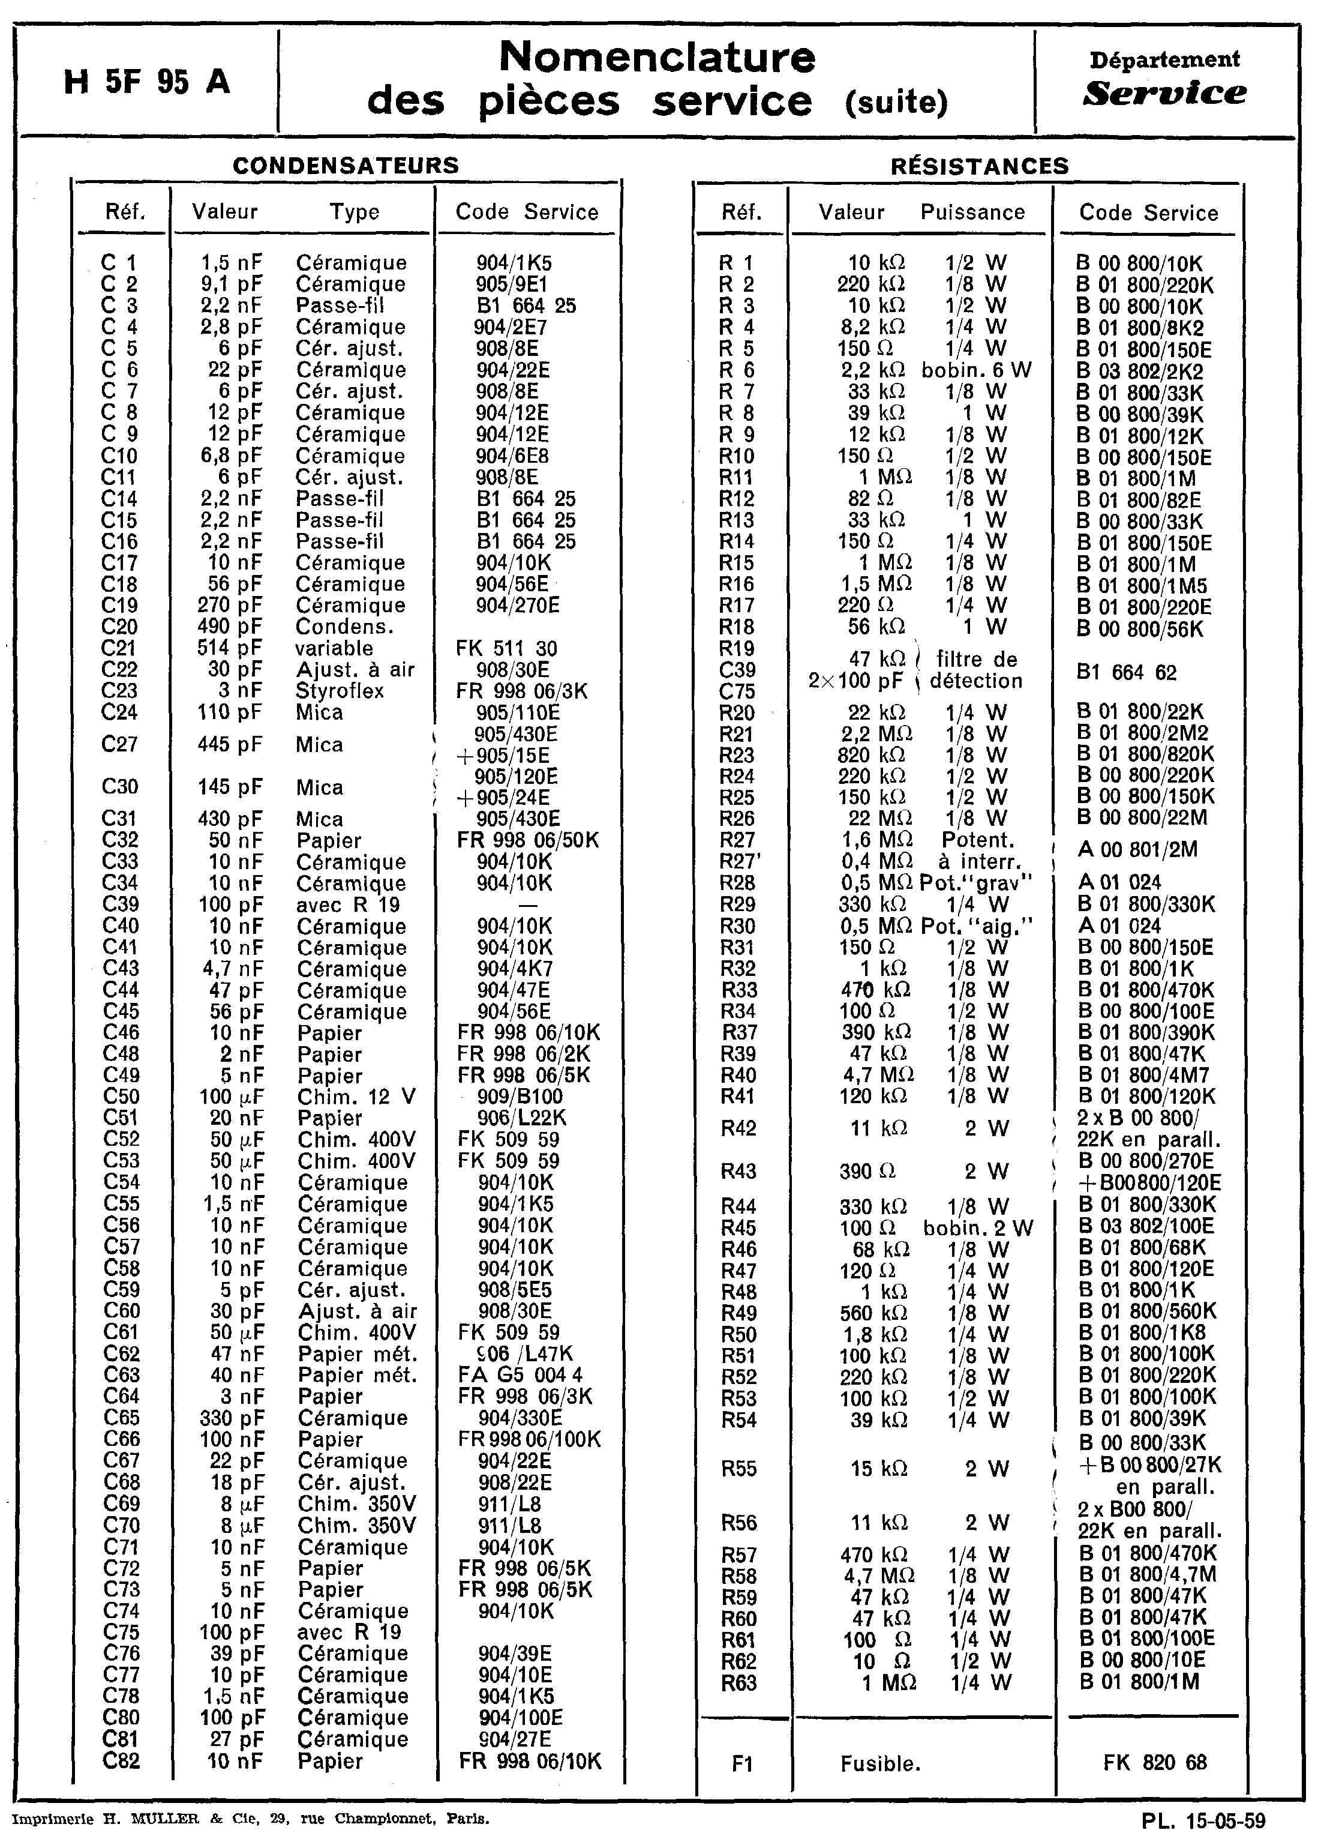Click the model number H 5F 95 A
pyautogui.click(x=146, y=82)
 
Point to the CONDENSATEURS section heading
pyautogui.click(x=346, y=166)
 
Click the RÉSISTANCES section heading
pyautogui.click(x=980, y=166)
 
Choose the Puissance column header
pyautogui.click(x=972, y=212)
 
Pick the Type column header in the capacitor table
pyautogui.click(x=354, y=212)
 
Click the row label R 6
pyautogui.click(x=737, y=371)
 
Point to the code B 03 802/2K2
pyautogui.click(x=1139, y=372)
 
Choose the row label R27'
pyautogui.click(x=738, y=861)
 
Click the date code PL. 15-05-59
pyautogui.click(x=1203, y=1821)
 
